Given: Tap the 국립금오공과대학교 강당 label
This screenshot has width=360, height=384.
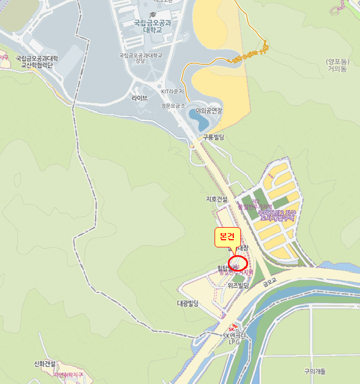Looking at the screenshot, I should click(x=141, y=58).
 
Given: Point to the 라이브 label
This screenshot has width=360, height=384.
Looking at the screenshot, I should click(x=139, y=98).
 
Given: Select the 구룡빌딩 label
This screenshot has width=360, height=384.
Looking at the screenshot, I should click(x=213, y=137).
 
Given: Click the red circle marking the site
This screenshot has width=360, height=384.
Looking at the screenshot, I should click(x=238, y=262).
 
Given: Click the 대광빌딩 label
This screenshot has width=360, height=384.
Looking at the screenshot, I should click(x=187, y=303).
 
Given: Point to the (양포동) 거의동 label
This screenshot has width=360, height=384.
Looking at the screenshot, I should click(x=337, y=65).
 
